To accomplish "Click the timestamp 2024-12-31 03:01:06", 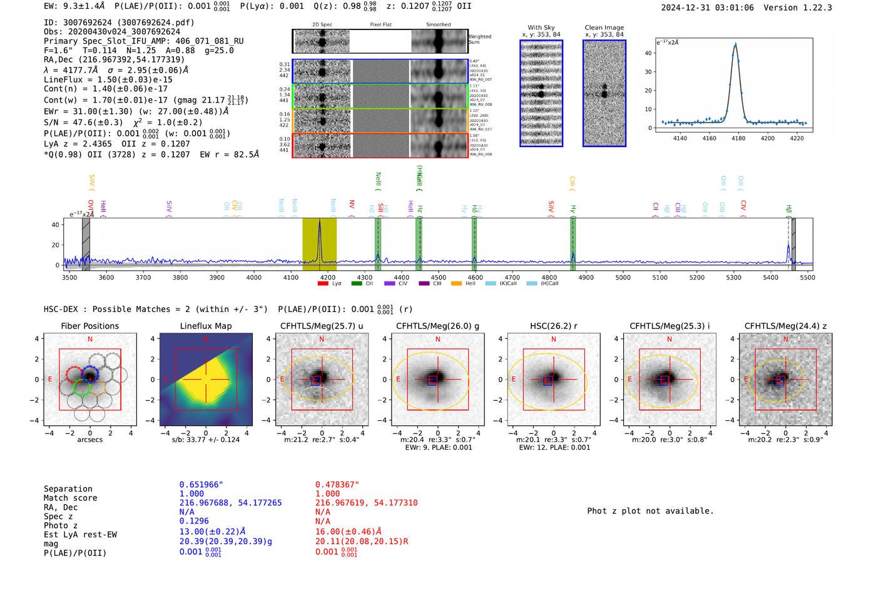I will [707, 8].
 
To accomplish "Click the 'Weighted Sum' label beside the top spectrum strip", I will [480, 39].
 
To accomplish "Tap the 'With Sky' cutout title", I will [541, 28].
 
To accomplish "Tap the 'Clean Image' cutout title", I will [604, 28].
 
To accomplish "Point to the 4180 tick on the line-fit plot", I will [738, 138].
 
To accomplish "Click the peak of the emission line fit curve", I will [735, 44].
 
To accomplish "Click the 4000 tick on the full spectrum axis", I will [253, 277].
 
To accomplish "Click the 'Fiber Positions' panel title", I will [89, 326].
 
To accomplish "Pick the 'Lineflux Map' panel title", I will [205, 326].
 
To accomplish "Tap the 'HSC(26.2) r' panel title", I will [553, 326].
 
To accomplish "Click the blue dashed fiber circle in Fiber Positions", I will [89, 375].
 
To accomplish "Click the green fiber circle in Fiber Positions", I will [82, 387].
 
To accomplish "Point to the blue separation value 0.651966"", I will [201, 485].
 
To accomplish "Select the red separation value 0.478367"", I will [337, 485].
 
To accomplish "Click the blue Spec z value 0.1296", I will [194, 521].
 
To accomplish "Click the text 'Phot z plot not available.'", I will [650, 511].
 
